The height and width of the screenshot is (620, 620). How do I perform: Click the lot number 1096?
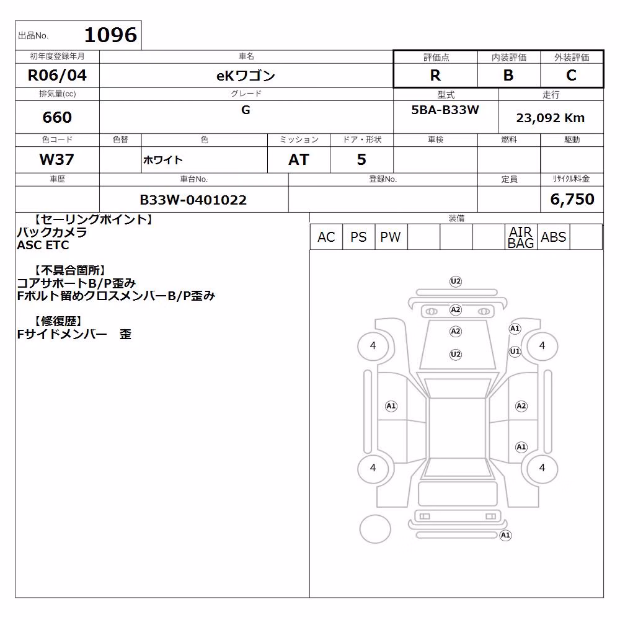[111, 35]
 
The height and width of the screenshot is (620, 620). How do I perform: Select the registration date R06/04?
[57, 75]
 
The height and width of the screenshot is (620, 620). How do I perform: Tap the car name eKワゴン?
[246, 76]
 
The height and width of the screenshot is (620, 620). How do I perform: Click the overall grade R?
[435, 75]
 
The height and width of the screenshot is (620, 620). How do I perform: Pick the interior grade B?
[508, 75]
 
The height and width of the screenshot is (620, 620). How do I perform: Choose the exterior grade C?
[572, 75]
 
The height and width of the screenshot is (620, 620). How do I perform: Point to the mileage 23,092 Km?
[551, 118]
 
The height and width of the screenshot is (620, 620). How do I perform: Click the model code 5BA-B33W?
[445, 110]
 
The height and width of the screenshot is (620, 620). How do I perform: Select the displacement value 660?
[57, 117]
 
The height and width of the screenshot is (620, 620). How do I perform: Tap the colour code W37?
[57, 159]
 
